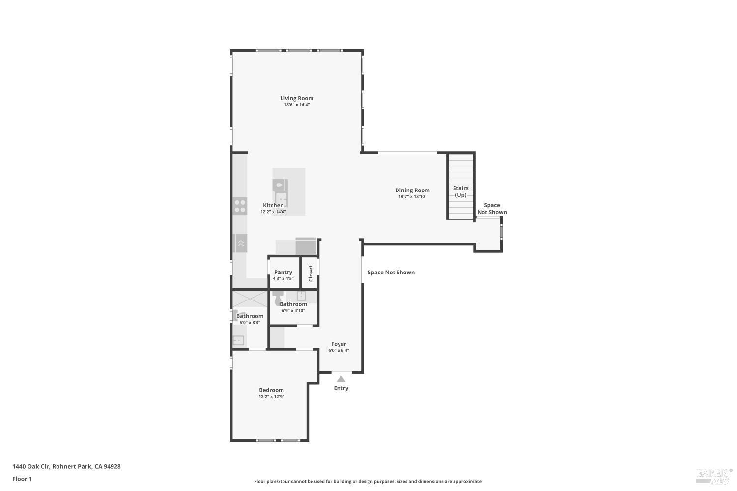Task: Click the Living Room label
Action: tap(297, 98)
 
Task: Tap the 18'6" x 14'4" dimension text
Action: tap(297, 105)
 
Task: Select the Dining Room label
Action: tap(412, 190)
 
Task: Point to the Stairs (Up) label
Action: tap(460, 191)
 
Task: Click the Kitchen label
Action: tap(273, 205)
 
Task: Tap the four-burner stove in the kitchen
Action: tap(240, 206)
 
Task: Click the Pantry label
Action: tap(283, 272)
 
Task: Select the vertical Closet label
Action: tap(311, 273)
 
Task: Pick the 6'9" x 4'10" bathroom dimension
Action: tap(293, 310)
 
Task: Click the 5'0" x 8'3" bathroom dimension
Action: tap(250, 323)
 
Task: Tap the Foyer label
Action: tap(339, 344)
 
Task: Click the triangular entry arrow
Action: tap(341, 379)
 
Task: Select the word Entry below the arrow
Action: tap(341, 388)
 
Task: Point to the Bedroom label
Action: tap(271, 390)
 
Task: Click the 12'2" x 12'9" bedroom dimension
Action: tap(271, 397)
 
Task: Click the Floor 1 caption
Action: tap(22, 479)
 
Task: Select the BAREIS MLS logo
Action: tap(713, 475)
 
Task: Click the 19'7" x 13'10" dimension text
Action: tap(412, 196)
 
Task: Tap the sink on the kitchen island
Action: tap(281, 199)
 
